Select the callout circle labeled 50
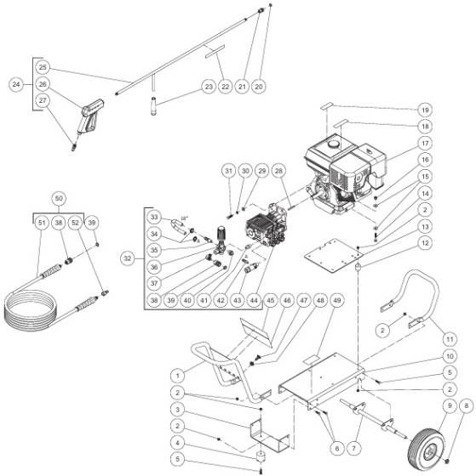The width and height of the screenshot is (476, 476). coord(58,197)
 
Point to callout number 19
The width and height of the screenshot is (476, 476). coord(449,110)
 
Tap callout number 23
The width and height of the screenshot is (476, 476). coord(209,87)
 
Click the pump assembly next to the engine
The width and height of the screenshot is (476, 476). coord(265,227)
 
